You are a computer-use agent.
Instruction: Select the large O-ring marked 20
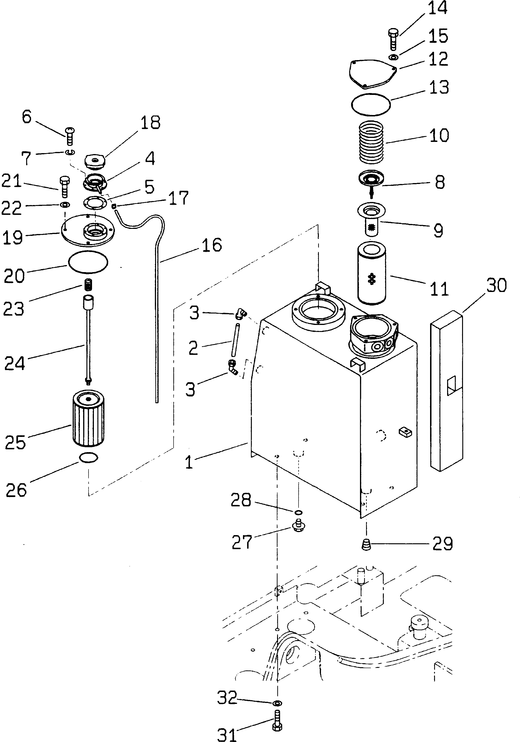88,262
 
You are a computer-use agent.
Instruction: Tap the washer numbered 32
277,703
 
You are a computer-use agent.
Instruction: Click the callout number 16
212,245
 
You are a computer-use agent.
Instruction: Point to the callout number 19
13,238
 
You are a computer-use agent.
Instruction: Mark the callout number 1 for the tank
189,462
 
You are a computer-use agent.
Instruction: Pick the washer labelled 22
65,205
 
